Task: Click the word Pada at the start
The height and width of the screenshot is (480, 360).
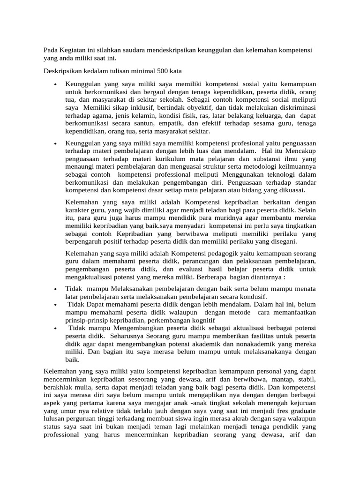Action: tap(51, 50)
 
